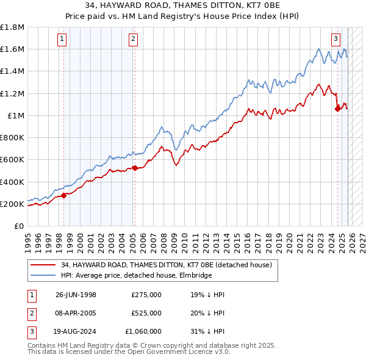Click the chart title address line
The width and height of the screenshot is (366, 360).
[x=183, y=5]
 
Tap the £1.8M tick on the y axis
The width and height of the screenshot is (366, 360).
[x=13, y=27]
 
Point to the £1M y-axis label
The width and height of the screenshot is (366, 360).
[x=15, y=116]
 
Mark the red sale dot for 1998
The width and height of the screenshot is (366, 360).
[x=63, y=196]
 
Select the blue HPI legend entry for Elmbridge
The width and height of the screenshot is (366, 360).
[x=135, y=275]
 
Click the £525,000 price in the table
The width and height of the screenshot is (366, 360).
[x=146, y=313]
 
